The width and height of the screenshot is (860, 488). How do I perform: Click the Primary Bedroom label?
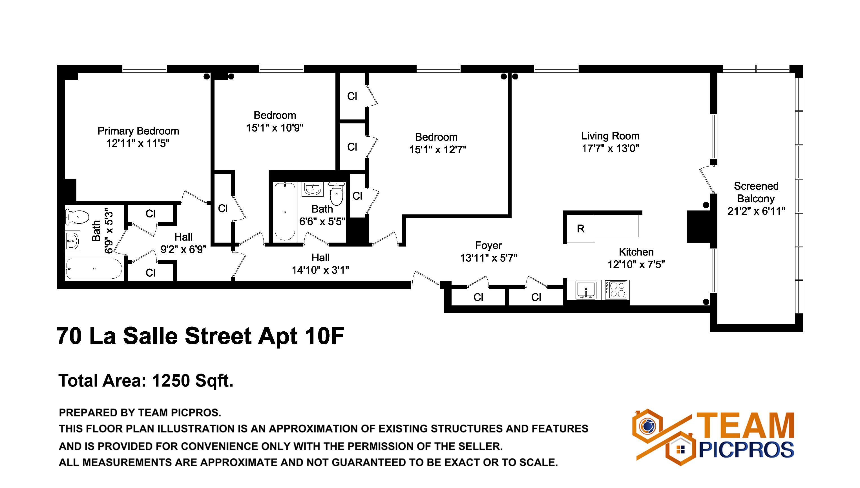tap(138, 131)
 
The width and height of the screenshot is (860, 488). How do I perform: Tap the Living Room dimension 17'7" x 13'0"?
tap(610, 148)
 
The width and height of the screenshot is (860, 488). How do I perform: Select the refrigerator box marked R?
tap(581, 229)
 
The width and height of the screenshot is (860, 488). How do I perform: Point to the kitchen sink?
tap(586, 290)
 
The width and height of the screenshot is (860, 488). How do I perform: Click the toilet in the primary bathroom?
tap(78, 217)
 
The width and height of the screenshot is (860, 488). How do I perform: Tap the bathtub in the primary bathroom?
tap(94, 269)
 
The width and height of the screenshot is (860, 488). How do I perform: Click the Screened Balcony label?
tap(756, 192)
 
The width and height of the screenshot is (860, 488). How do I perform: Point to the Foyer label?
tap(488, 246)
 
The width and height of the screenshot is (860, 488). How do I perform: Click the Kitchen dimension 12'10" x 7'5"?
tap(636, 265)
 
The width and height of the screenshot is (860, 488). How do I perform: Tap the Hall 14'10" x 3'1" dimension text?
tap(320, 270)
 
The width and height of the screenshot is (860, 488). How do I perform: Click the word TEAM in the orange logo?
tap(745, 426)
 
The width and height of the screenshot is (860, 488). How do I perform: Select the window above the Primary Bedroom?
tap(144, 69)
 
